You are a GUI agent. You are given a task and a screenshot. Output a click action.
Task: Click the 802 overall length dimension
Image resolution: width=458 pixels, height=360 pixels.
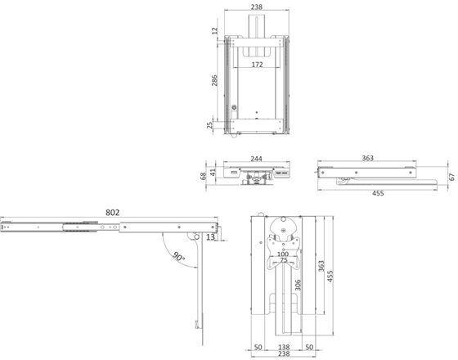[113, 213]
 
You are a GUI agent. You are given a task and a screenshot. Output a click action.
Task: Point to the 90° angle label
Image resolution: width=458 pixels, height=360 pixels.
[178, 257]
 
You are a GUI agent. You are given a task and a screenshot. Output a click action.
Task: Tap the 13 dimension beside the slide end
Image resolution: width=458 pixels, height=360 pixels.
[210, 237]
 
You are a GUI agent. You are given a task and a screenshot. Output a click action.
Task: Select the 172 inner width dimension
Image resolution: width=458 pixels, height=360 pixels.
[257, 65]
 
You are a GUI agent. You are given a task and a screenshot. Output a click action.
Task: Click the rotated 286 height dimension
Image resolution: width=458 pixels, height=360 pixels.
[214, 80]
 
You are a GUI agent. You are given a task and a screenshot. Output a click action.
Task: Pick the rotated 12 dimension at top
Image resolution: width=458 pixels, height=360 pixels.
[215, 30]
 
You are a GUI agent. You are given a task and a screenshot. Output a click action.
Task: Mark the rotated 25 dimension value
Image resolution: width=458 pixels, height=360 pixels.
[209, 125]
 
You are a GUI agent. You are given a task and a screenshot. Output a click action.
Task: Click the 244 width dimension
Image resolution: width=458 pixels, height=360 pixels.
[257, 159]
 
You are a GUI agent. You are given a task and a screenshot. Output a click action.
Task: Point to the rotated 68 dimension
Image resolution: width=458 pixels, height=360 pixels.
[203, 176]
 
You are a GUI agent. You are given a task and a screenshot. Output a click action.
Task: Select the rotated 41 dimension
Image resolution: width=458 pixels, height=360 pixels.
[213, 172]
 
